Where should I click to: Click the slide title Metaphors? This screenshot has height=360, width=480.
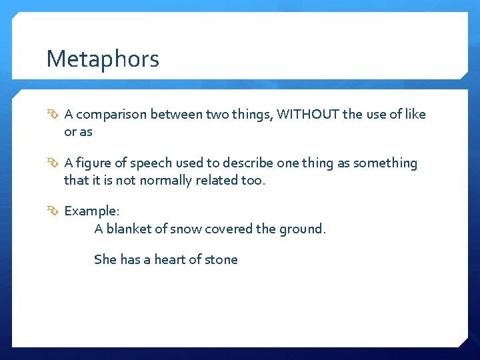pyautogui.click(x=103, y=59)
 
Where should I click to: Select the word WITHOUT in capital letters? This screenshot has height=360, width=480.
pyautogui.click(x=307, y=114)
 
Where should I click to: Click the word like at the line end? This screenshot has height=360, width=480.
pyautogui.click(x=415, y=114)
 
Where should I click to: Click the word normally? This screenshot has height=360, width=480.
pyautogui.click(x=166, y=181)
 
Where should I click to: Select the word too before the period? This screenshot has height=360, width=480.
pyautogui.click(x=253, y=181)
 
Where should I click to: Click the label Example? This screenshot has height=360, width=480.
pyautogui.click(x=92, y=211)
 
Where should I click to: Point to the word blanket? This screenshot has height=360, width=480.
pyautogui.click(x=128, y=229)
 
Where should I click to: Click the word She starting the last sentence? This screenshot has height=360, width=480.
pyautogui.click(x=105, y=259)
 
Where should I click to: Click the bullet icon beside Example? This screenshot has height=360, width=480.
pyautogui.click(x=53, y=211)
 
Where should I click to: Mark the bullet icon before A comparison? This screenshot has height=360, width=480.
pyautogui.click(x=53, y=115)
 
